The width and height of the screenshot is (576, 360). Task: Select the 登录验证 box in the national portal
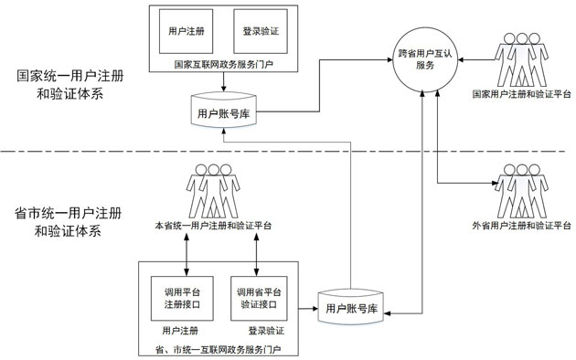click(261, 30)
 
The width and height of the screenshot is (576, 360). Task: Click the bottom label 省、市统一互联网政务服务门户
click(224, 348)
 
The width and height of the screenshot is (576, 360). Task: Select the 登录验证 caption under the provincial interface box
click(266, 331)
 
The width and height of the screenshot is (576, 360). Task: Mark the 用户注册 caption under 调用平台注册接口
click(180, 331)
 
